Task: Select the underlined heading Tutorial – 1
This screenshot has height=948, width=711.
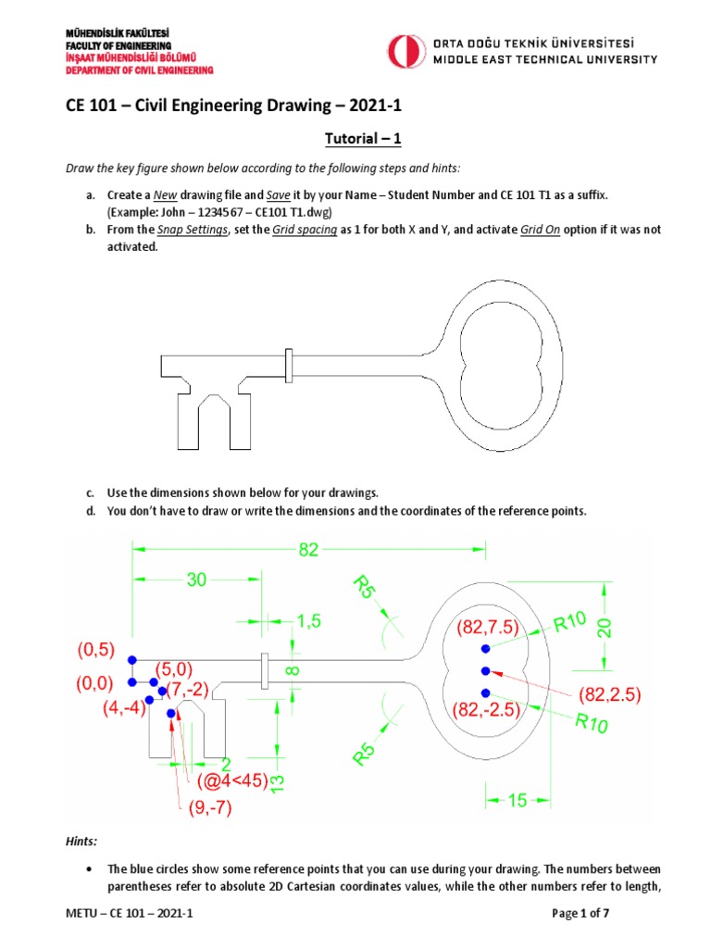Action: pos(355,139)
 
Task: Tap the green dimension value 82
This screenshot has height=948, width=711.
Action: pos(308,550)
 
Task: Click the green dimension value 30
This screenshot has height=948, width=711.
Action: pos(196,580)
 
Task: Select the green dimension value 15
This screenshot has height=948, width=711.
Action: pos(517,800)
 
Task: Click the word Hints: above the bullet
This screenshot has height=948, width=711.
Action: pos(81,842)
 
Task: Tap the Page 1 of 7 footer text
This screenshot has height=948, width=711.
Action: pos(580,914)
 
